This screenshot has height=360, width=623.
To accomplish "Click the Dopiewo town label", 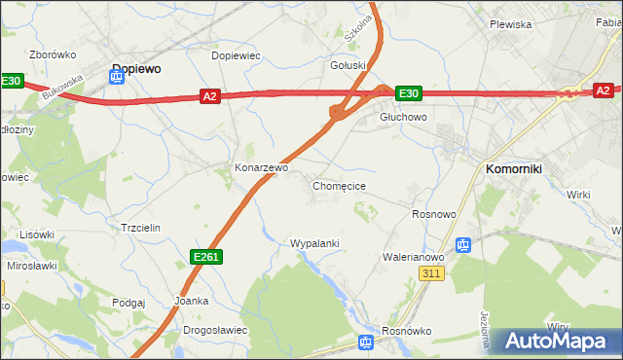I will coord(136,69).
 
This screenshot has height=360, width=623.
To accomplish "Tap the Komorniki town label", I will coord(513,168).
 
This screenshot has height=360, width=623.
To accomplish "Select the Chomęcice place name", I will coord(339,185).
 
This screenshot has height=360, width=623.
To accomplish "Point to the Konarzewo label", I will coord(261,167).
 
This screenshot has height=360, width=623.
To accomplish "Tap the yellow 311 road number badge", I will coord(434,275).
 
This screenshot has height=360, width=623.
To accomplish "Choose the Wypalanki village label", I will coord(314,242).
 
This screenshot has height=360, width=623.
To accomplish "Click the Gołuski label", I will coord(348,66).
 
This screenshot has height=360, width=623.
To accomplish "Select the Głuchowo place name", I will coord(403,117).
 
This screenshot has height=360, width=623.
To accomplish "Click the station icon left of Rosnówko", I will coord(365,342).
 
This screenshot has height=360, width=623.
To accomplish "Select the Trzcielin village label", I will coord(139,227).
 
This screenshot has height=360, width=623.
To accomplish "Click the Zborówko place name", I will coord(54,55).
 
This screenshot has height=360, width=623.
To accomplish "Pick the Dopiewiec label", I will coord(237,55).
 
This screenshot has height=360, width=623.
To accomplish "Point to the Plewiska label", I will coord(510,24).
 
